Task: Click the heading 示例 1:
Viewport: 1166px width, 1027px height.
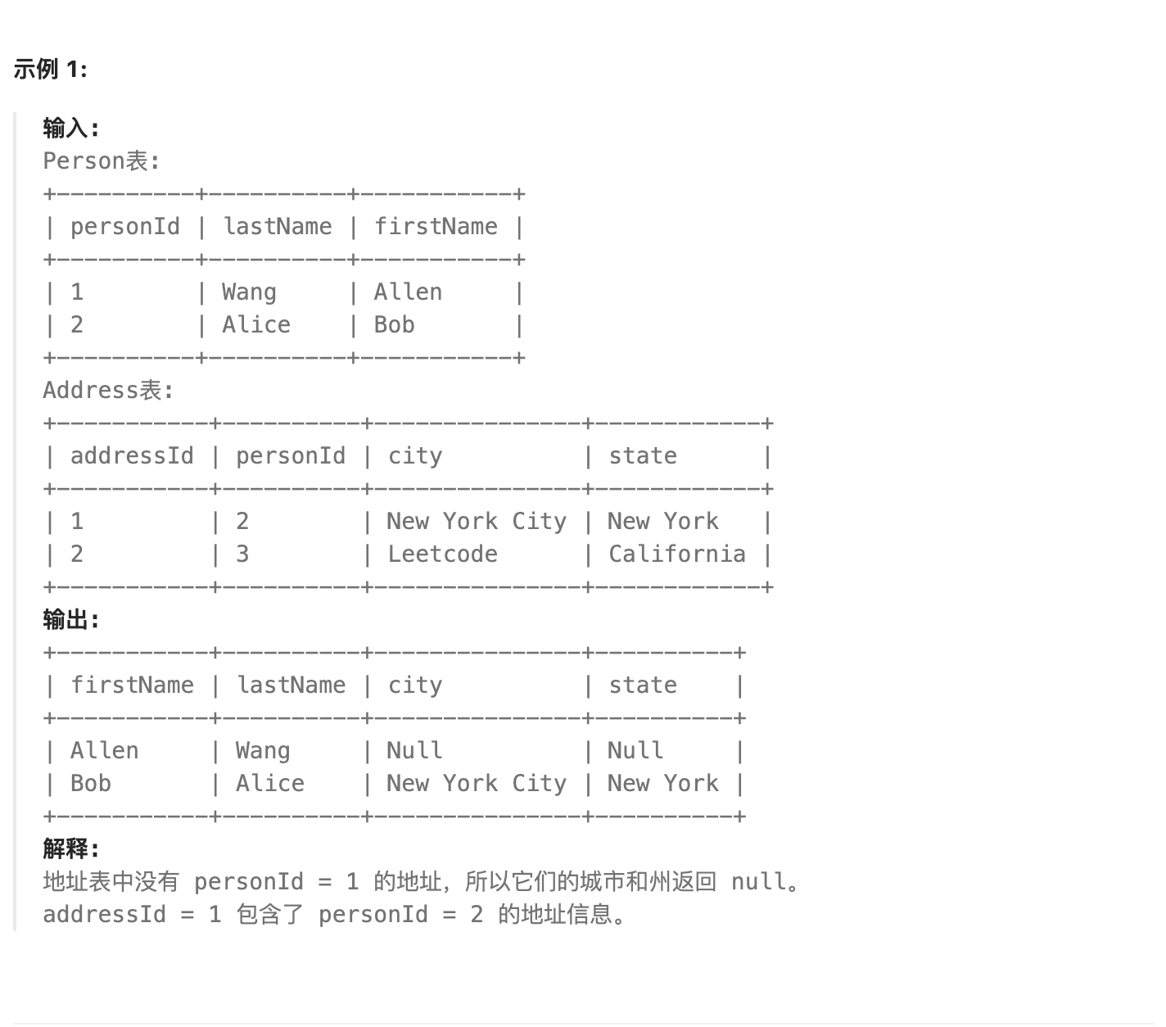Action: point(50,70)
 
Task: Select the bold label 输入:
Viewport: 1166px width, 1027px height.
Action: point(70,129)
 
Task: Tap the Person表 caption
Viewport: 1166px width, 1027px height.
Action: point(101,161)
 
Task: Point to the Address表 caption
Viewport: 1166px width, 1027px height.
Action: point(108,391)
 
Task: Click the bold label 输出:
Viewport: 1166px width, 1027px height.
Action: point(70,620)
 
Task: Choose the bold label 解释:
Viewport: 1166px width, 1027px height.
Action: point(70,849)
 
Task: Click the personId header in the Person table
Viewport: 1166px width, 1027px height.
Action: point(125,227)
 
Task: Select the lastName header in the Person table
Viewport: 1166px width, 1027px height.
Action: point(278,227)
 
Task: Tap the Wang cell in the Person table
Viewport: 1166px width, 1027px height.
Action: point(249,292)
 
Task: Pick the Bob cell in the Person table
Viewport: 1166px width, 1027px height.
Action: point(394,325)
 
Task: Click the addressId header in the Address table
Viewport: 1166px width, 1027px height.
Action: point(132,456)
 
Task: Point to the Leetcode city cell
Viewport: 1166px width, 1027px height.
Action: point(442,554)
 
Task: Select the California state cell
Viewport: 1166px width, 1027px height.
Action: point(676,554)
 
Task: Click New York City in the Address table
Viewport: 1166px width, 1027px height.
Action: point(477,522)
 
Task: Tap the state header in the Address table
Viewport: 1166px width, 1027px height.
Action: point(643,456)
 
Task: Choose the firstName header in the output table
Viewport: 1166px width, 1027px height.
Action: point(132,685)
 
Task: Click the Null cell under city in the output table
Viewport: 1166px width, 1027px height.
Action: point(414,751)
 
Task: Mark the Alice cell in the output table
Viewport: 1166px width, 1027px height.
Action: point(270,784)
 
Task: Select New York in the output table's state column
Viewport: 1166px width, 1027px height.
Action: point(662,784)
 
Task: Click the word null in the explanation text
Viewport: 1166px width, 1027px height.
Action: point(758,882)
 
